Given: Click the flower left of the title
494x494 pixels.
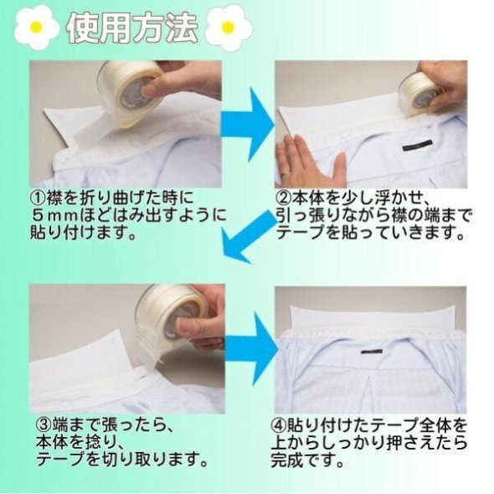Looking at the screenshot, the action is click(37, 27).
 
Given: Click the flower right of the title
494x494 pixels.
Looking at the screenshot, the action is click(229, 27).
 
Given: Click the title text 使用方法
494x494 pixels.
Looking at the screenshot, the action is click(132, 28).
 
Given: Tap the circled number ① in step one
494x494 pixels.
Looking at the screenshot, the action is click(39, 198).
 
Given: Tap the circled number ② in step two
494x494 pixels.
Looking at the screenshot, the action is click(284, 198).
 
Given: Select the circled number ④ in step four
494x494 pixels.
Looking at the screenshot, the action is click(279, 426).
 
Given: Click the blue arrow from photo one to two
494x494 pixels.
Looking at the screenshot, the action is click(247, 124).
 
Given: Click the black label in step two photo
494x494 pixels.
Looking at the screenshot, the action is click(416, 147).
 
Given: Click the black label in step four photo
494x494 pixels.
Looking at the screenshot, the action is click(372, 351).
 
